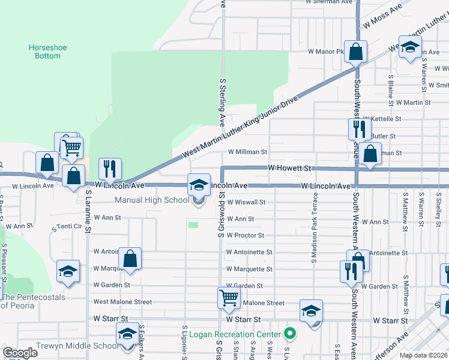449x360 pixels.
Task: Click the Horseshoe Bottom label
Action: [45, 52]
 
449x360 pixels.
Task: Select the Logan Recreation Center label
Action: [235, 334]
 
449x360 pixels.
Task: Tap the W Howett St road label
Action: [291, 169]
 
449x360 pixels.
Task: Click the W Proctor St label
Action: [245, 236]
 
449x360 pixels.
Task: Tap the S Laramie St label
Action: [88, 212]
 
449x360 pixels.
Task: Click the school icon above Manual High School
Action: [199, 186]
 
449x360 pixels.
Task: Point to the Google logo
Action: [20, 353]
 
